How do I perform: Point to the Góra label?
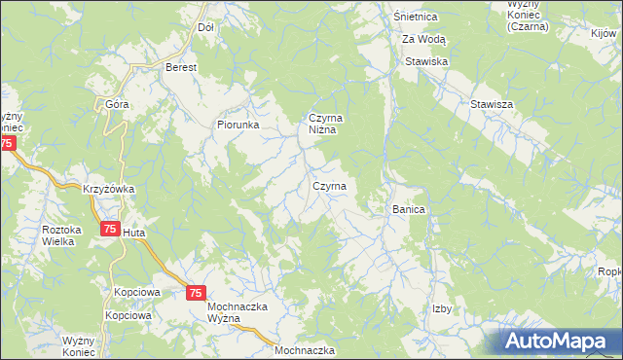[117, 103]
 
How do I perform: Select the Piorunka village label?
[238, 125]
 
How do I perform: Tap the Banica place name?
[410, 209]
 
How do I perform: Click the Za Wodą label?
[424, 39]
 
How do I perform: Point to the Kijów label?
[604, 33]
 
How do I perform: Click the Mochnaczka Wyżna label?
[238, 313]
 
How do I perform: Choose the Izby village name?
[442, 308]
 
